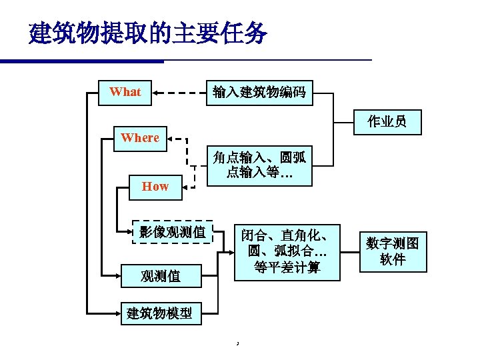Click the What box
click(125, 92)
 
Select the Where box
click(140, 138)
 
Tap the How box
click(155, 187)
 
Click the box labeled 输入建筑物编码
click(259, 93)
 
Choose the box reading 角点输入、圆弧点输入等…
click(259, 165)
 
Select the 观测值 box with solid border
click(161, 275)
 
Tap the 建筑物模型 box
click(160, 313)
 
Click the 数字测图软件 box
click(393, 251)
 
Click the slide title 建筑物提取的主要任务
click(148, 32)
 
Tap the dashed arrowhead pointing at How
click(187, 187)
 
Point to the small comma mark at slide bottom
click(237, 344)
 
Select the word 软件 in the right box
click(393, 260)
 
